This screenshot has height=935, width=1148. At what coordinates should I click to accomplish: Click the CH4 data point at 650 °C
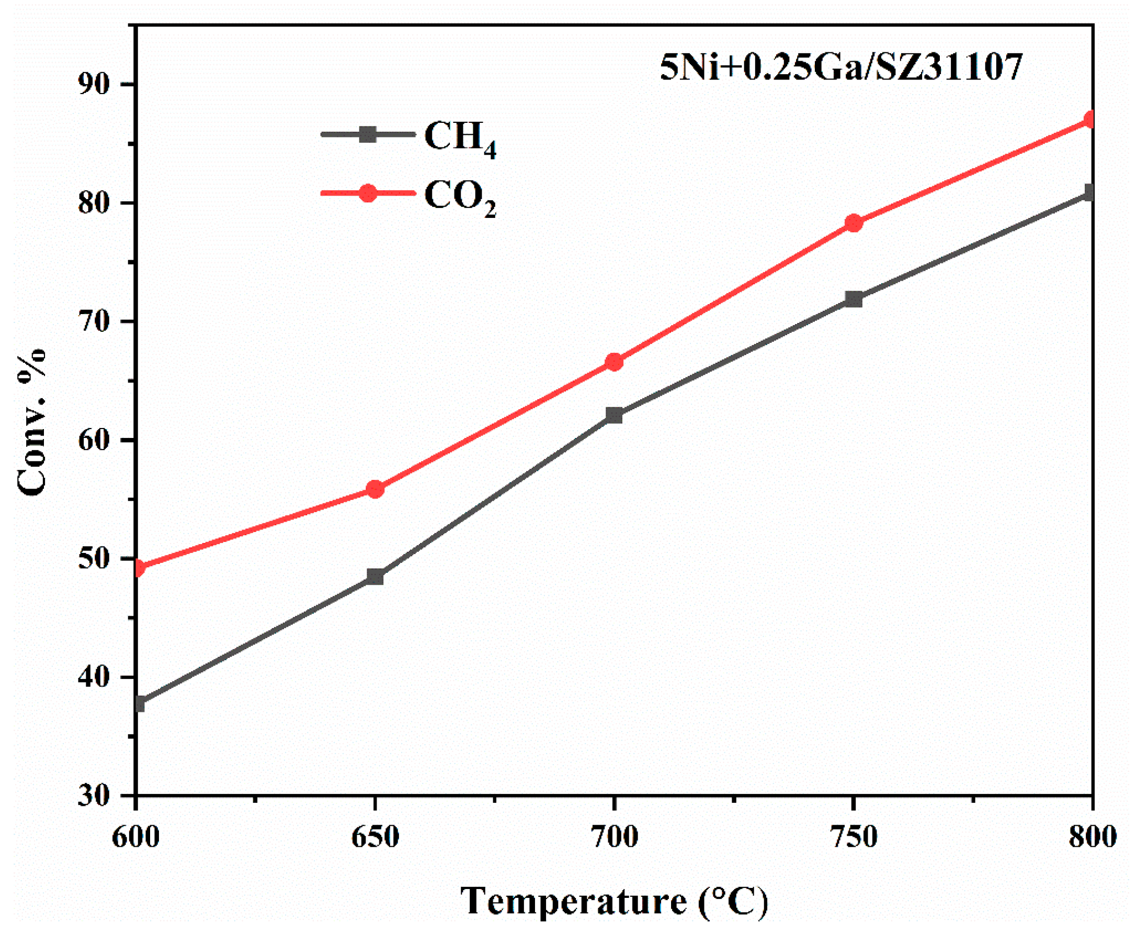tap(374, 576)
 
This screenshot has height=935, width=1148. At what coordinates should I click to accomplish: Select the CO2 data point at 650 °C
tap(374, 489)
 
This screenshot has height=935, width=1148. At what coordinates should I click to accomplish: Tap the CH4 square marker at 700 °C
tap(614, 415)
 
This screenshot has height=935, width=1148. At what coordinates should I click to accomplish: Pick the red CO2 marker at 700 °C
tap(614, 362)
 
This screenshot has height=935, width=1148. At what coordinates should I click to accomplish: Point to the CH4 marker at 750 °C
tap(853, 299)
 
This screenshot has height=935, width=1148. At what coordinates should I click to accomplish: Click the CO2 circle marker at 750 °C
tap(853, 223)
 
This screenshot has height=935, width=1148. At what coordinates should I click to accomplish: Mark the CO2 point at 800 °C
tap(1090, 120)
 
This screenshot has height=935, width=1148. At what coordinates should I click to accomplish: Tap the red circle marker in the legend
tap(368, 193)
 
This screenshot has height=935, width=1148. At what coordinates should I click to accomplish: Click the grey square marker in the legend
tap(368, 134)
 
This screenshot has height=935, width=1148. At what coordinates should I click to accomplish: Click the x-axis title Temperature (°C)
tap(614, 901)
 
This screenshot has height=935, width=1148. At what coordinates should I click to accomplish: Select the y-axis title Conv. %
tap(32, 423)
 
